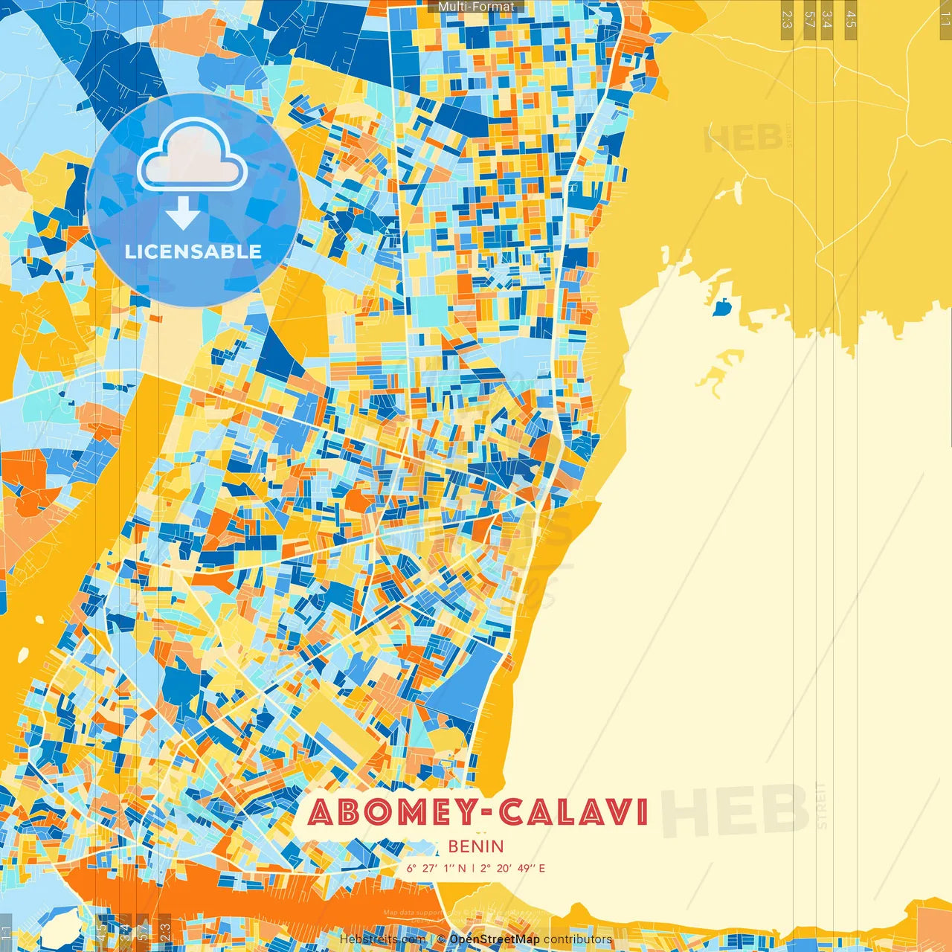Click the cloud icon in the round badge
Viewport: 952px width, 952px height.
tap(192, 156)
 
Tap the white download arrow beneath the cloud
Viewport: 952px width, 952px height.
tap(183, 212)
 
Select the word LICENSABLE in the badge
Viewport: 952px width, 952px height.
tap(193, 251)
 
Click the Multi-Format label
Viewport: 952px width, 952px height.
tap(476, 7)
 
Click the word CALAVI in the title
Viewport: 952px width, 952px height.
tap(573, 812)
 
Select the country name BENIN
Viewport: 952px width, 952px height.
tap(476, 846)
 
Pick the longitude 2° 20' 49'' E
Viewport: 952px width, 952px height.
tap(512, 868)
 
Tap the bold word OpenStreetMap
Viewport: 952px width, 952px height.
tap(495, 939)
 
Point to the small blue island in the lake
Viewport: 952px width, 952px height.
tap(721, 306)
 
